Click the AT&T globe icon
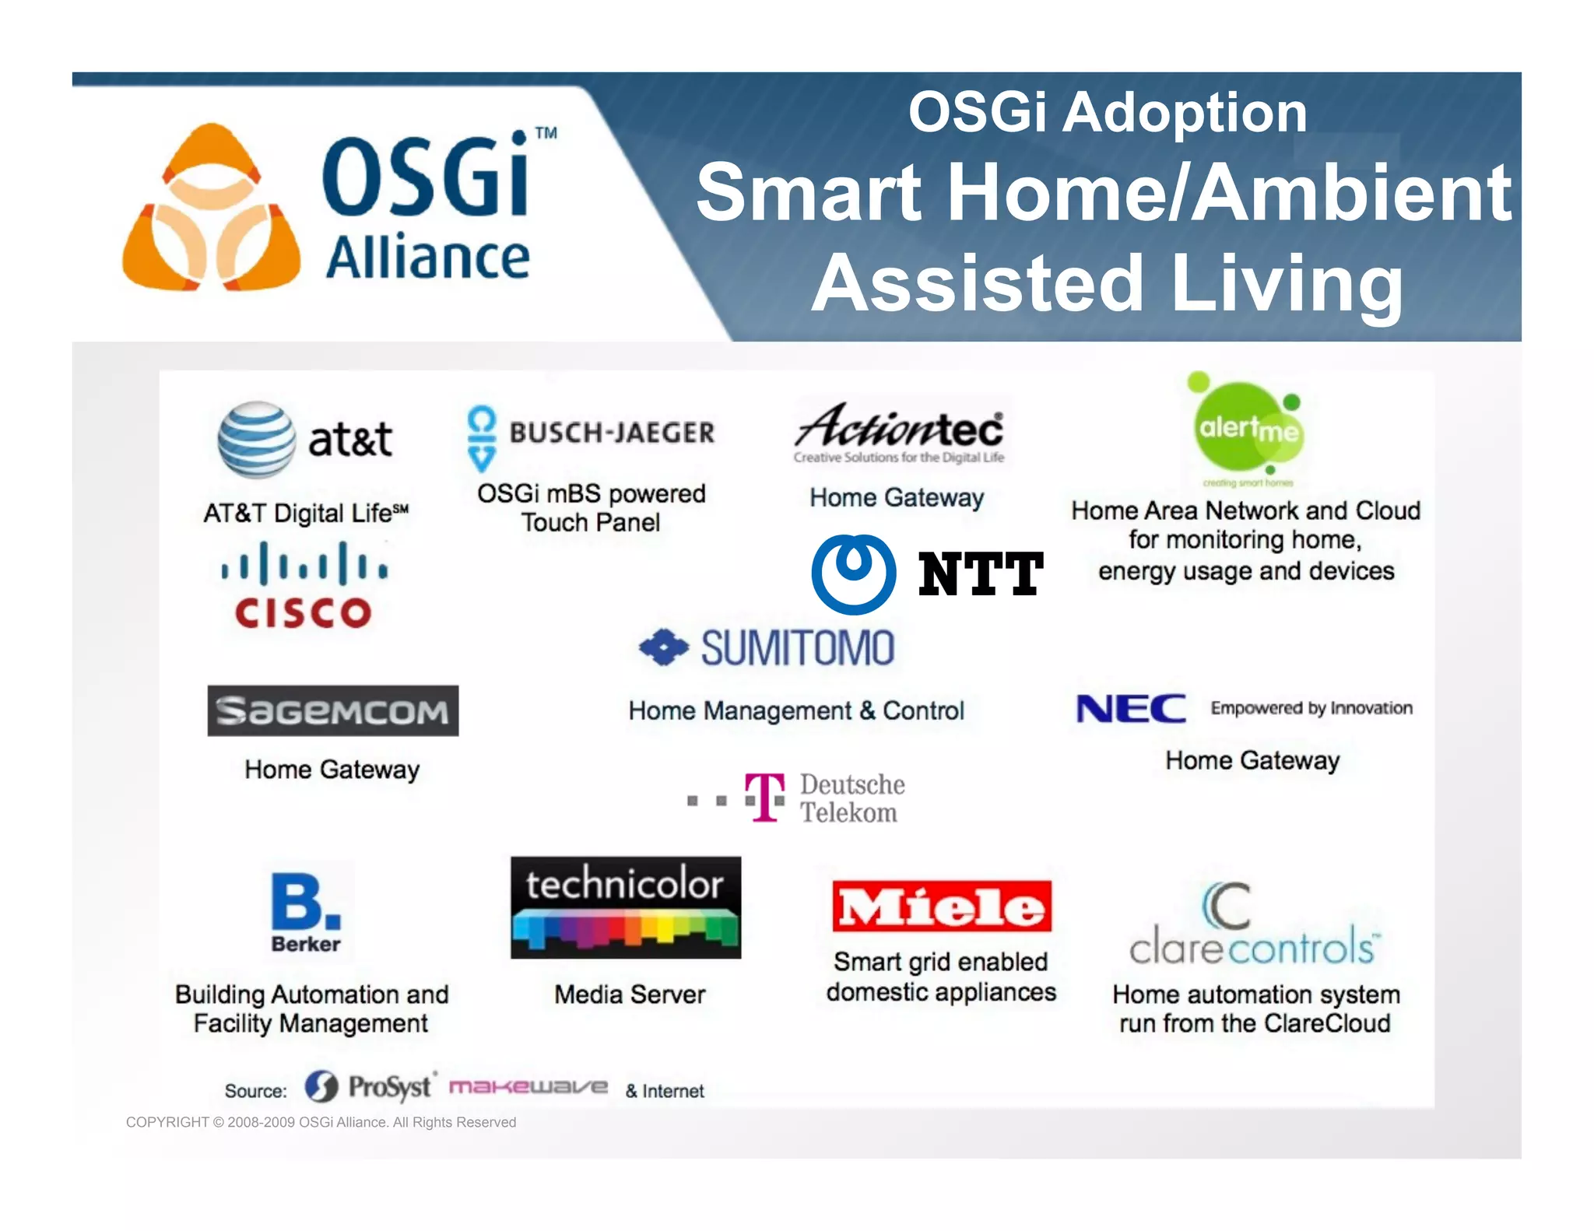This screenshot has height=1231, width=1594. click(256, 440)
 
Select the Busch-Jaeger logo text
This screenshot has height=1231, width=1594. click(612, 433)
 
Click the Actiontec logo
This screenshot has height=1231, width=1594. click(899, 432)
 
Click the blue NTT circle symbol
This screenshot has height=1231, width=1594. click(853, 573)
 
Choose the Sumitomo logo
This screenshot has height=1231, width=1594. click(767, 648)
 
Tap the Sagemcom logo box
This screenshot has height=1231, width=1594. click(332, 710)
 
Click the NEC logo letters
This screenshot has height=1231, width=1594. click(1130, 709)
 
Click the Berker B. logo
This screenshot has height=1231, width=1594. click(306, 910)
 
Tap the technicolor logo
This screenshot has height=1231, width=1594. click(626, 907)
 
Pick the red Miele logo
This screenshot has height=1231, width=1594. click(941, 907)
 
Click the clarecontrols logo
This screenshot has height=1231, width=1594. click(1254, 925)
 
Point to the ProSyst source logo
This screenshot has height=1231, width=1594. click(368, 1086)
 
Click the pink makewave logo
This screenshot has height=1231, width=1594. click(528, 1086)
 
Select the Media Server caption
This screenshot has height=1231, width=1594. click(629, 994)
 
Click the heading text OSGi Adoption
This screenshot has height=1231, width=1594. click(1107, 113)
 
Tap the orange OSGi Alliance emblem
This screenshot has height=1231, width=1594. click(211, 209)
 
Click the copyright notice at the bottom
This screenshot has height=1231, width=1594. click(321, 1122)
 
